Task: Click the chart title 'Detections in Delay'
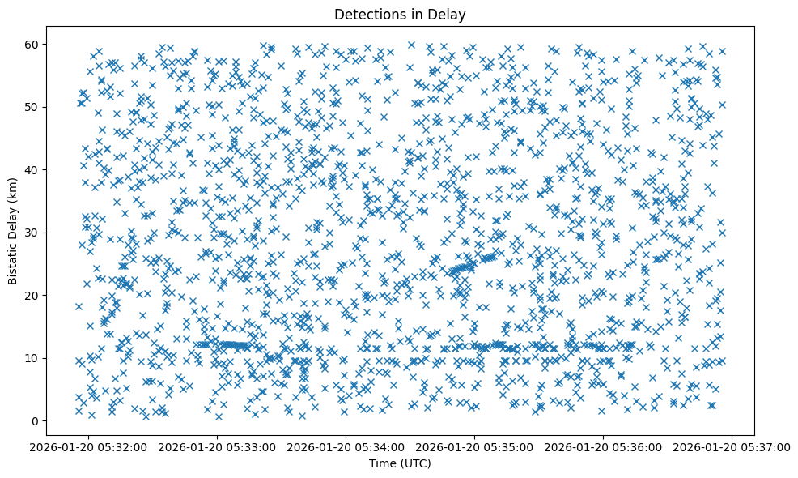click(x=400, y=14)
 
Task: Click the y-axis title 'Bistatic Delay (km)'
click(x=13, y=232)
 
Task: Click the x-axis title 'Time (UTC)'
click(x=400, y=463)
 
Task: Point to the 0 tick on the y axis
click(x=50, y=420)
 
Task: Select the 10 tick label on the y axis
click(x=48, y=358)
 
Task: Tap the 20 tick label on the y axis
click(x=48, y=295)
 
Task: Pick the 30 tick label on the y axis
click(x=48, y=233)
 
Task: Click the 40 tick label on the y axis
click(x=48, y=169)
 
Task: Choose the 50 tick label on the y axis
click(x=48, y=107)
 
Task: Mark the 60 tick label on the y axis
click(x=48, y=44)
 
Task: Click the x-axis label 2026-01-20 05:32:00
click(x=88, y=446)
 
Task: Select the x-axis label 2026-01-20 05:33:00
click(x=218, y=446)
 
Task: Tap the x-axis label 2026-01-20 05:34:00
click(x=346, y=446)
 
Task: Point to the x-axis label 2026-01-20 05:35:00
click(x=475, y=446)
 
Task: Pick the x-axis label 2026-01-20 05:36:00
click(x=604, y=446)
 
